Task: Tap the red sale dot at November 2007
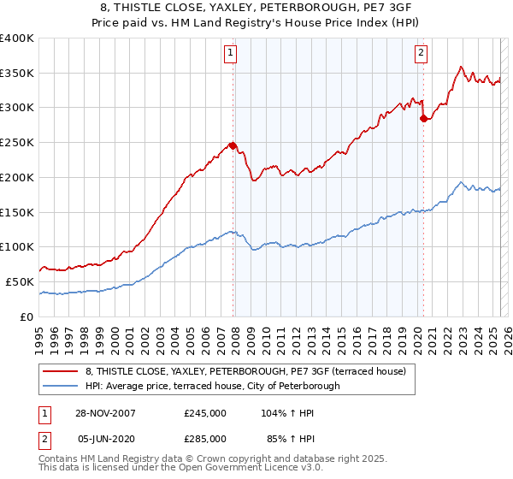tap(233, 145)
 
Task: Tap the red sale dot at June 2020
tap(423, 118)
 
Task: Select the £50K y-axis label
tap(20, 281)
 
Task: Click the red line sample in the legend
tap(62, 371)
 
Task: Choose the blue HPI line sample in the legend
tap(62, 386)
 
